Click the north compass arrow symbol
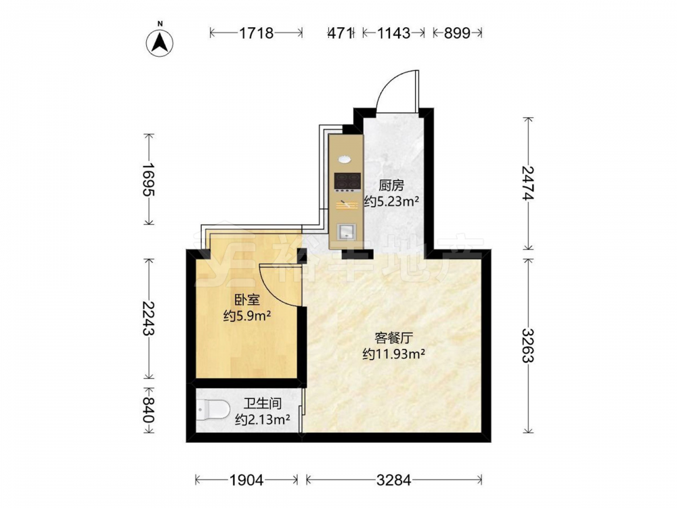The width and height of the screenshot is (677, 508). tap(160, 42)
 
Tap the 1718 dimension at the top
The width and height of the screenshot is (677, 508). tap(257, 33)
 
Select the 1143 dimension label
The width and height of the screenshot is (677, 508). tap(394, 33)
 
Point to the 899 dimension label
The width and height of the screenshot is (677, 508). tap(457, 33)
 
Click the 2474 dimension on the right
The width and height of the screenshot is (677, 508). tap(528, 183)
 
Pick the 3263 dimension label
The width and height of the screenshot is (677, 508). tap(528, 345)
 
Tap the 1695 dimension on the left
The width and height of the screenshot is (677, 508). tap(148, 179)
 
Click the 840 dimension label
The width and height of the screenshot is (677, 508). tap(148, 410)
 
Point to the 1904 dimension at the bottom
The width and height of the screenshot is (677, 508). tap(246, 480)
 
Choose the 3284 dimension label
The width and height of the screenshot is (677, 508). tap(394, 480)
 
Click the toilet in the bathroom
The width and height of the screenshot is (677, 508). tap(213, 410)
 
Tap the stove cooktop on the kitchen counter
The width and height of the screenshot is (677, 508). tap(347, 182)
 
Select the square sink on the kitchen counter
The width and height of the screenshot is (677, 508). tap(346, 232)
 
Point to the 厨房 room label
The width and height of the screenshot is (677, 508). tap(391, 186)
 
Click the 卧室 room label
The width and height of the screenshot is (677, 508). tap(247, 300)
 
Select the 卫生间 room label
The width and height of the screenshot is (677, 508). tap(263, 404)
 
